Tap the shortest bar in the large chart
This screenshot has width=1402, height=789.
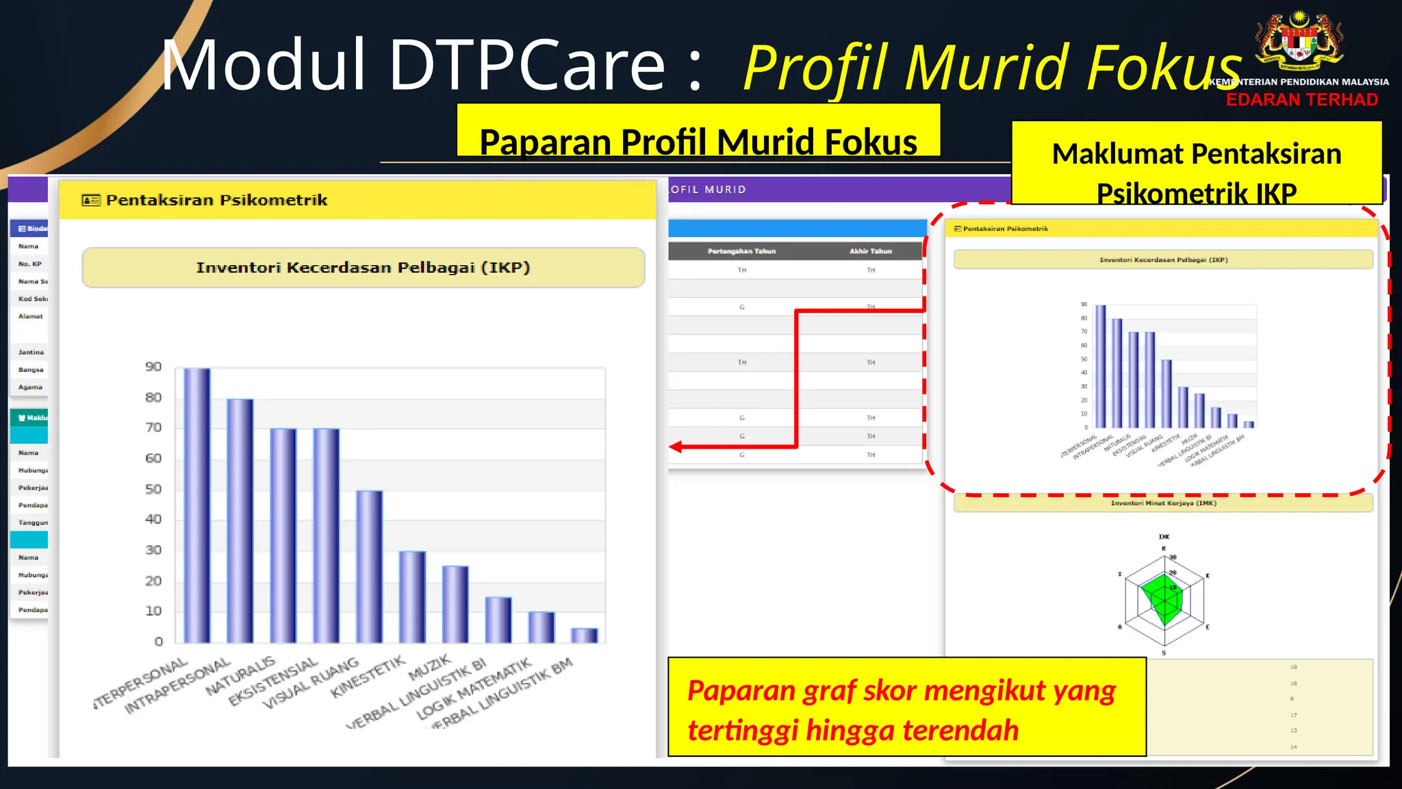click(584, 636)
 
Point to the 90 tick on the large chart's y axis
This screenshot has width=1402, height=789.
click(153, 367)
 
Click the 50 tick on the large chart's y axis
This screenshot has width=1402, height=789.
click(153, 489)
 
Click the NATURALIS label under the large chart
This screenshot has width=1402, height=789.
click(240, 675)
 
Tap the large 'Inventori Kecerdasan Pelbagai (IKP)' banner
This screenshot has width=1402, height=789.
click(363, 268)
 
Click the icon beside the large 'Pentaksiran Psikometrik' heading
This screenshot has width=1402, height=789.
click(90, 200)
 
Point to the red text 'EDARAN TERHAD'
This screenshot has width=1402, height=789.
click(1301, 100)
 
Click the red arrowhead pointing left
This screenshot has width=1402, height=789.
click(676, 447)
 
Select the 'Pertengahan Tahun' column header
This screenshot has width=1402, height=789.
click(741, 251)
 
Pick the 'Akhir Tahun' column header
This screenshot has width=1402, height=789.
click(871, 251)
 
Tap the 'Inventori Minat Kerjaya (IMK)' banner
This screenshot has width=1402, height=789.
click(1163, 503)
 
